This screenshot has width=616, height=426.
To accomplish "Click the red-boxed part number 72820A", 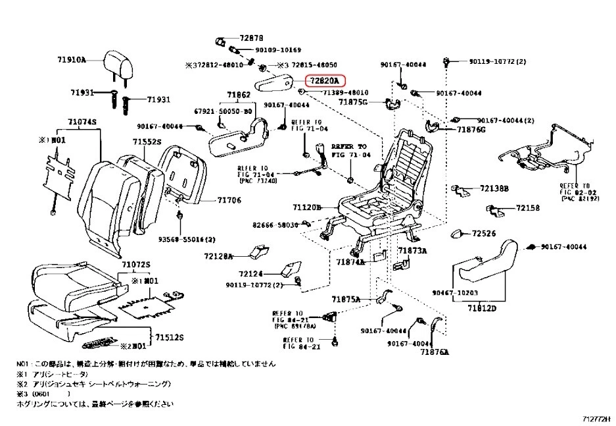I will pyautogui.click(x=325, y=81).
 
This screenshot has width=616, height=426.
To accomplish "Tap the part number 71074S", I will pyautogui.click(x=82, y=122).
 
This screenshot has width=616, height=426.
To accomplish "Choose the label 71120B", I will pyautogui.click(x=306, y=207).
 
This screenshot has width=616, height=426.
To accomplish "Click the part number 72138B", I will pyautogui.click(x=494, y=188).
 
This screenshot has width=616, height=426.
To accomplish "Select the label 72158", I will pyautogui.click(x=509, y=208).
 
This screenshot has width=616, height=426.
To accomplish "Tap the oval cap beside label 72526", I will pyautogui.click(x=458, y=234).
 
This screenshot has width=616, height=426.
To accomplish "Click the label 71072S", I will pyautogui.click(x=135, y=264).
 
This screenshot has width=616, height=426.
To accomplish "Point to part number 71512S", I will pyautogui.click(x=169, y=337).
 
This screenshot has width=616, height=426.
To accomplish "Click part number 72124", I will pyautogui.click(x=250, y=273).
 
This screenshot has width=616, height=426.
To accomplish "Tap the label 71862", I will pyautogui.click(x=239, y=95).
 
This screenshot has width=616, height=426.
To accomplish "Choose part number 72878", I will pyautogui.click(x=250, y=38).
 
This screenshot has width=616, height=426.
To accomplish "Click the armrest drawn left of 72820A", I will pyautogui.click(x=275, y=84).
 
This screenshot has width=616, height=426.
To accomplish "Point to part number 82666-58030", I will pyautogui.click(x=275, y=225).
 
